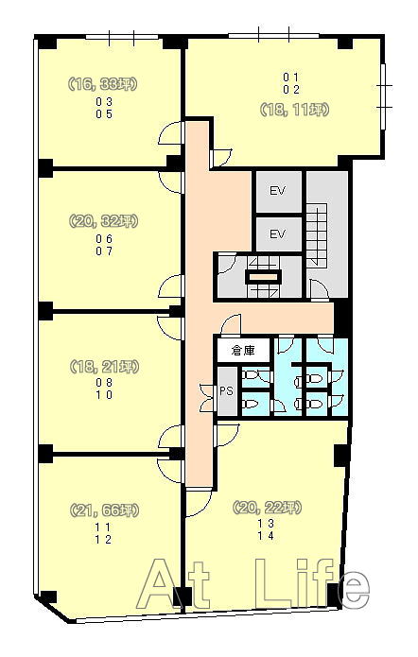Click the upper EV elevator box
click(278, 192)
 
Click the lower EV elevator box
click(278, 234)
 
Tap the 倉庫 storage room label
click(243, 350)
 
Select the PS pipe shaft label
click(226, 391)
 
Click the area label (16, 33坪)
click(103, 84)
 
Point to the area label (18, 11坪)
click(294, 110)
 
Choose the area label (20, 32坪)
click(103, 221)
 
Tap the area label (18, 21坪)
click(103, 367)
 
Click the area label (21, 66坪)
click(103, 510)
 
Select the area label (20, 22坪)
click(267, 508)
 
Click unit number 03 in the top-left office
click(104, 101)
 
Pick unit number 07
click(104, 251)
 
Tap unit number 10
click(104, 395)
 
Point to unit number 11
click(103, 527)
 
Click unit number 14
click(266, 535)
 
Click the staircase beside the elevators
click(318, 233)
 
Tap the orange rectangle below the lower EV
click(263, 277)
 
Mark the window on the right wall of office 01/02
click(383, 96)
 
